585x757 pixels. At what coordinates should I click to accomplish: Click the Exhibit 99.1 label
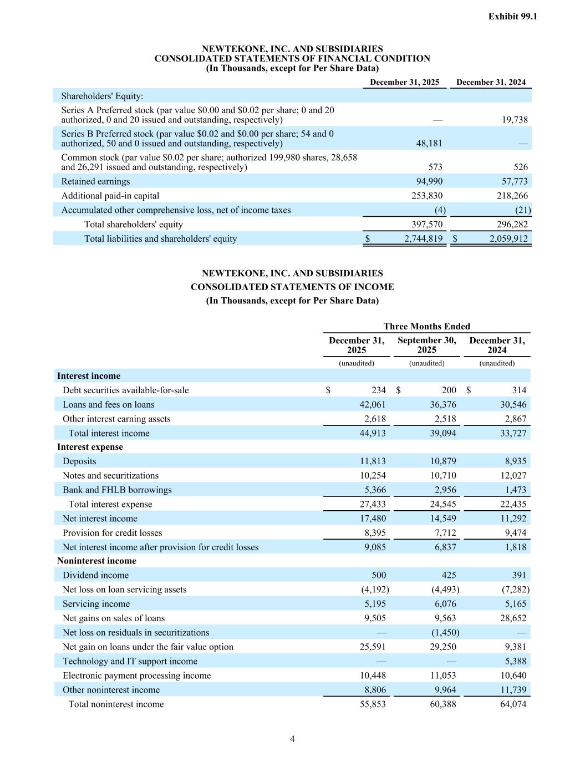(512, 17)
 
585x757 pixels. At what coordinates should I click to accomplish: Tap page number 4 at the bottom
(292, 739)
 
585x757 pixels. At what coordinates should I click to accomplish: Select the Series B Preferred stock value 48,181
(429, 143)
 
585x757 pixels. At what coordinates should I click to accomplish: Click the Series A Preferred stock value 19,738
(515, 119)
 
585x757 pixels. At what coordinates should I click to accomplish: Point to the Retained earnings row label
(95, 181)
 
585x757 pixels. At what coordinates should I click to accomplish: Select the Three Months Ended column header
(426, 326)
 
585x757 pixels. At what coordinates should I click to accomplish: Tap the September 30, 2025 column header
(426, 345)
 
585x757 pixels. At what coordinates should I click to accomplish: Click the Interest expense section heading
(90, 447)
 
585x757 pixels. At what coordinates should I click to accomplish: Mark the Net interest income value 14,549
(442, 519)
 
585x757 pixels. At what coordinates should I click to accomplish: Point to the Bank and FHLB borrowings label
(117, 490)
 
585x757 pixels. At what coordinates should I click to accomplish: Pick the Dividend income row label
(95, 575)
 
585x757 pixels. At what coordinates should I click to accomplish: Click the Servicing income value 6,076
(442, 604)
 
